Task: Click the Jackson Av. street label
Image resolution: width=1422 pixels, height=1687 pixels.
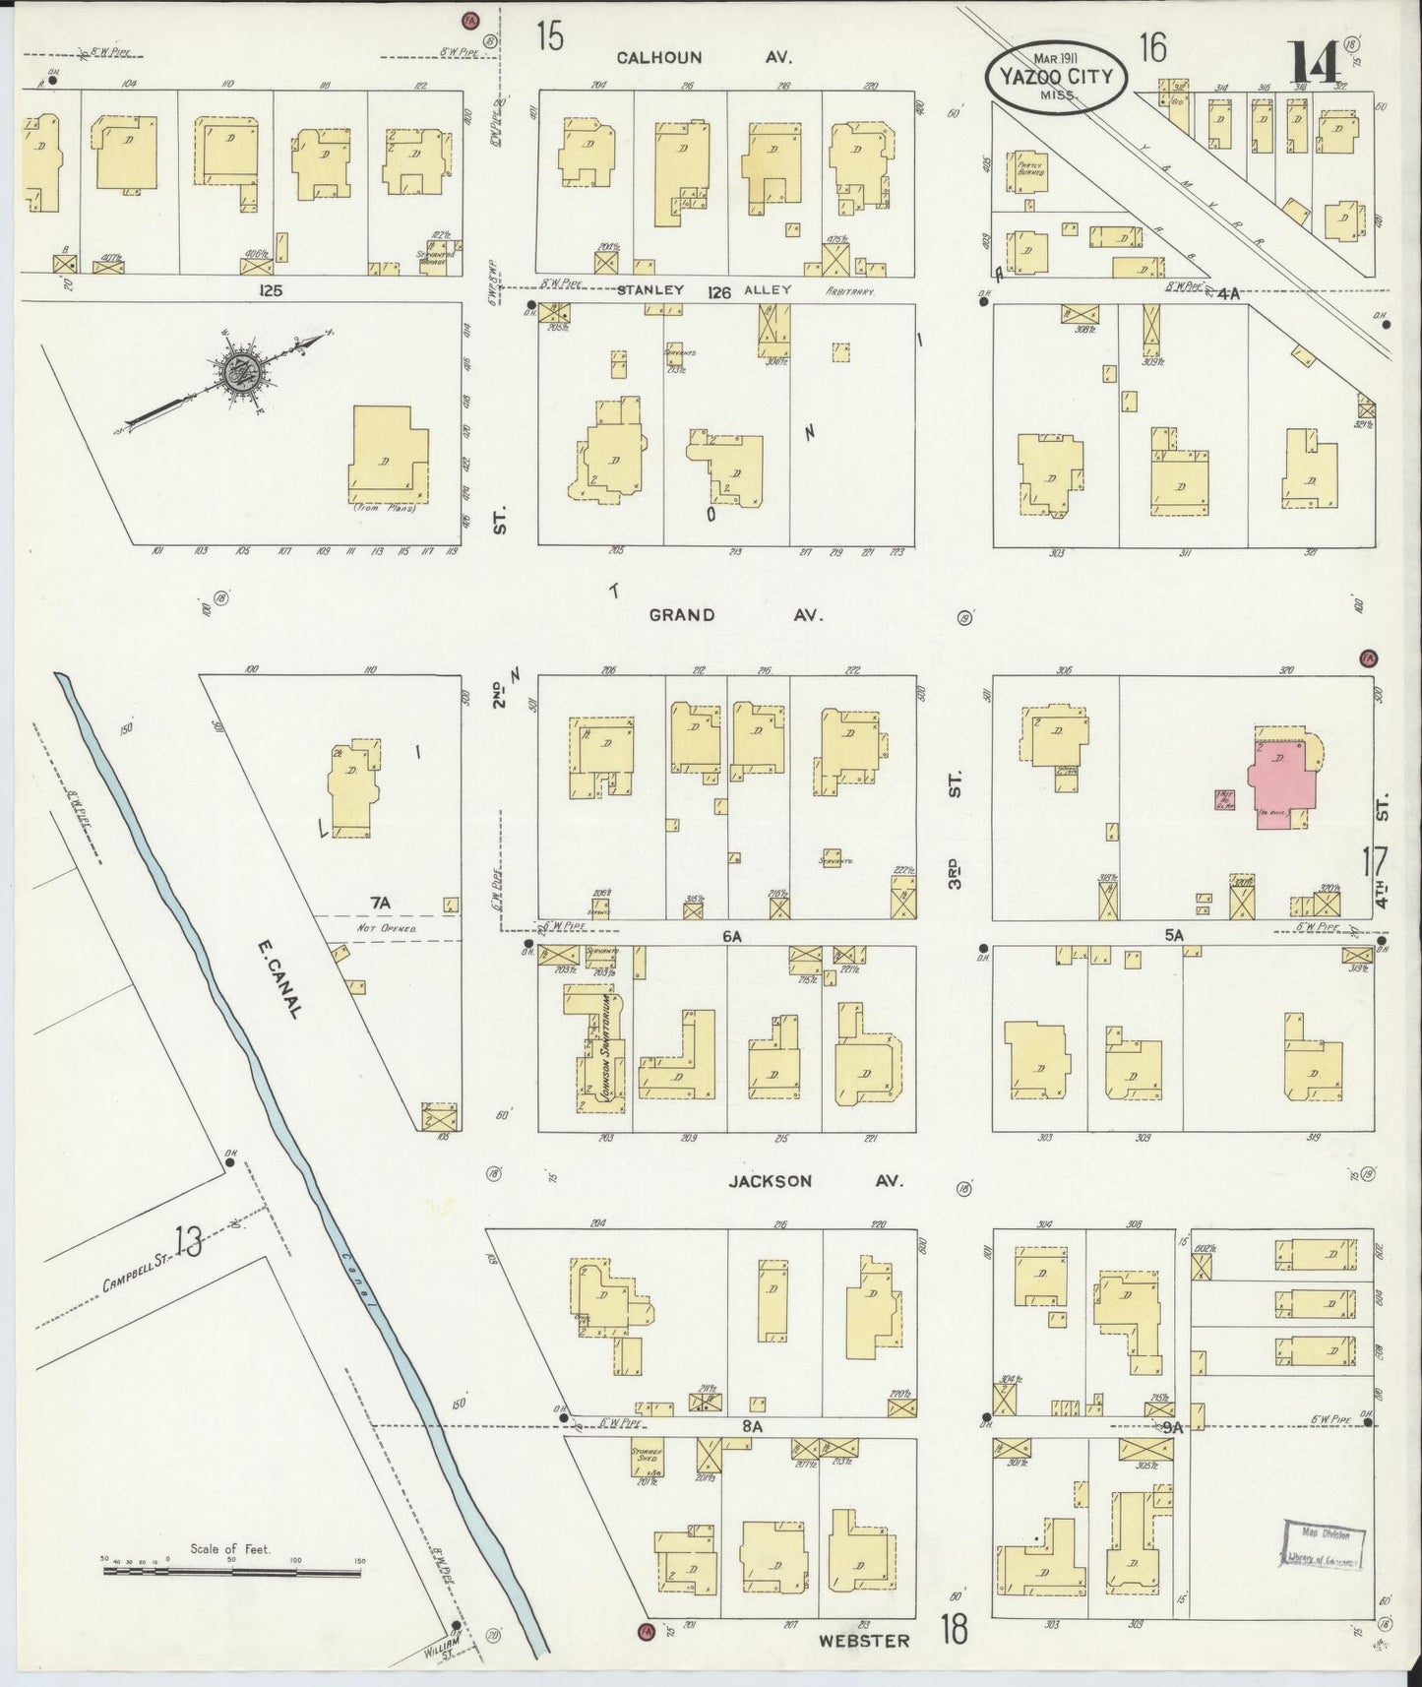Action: click(x=773, y=1181)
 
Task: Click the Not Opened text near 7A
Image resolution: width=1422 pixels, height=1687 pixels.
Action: click(x=386, y=928)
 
